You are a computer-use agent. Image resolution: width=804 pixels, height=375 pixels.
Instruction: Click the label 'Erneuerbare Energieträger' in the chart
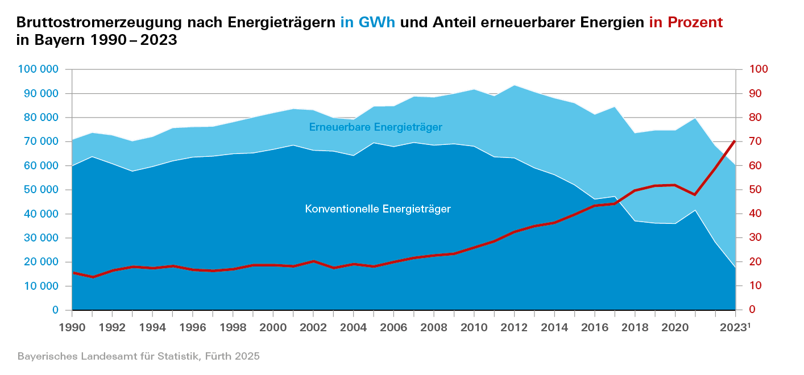[x=375, y=127]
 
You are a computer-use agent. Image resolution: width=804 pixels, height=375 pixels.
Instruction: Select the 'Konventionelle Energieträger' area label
[x=378, y=209]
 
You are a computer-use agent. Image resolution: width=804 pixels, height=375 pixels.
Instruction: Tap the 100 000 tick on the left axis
[x=39, y=69]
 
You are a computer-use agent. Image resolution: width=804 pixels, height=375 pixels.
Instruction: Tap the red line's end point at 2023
[x=735, y=140]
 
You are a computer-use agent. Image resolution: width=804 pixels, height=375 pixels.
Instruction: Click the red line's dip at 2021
[x=694, y=195]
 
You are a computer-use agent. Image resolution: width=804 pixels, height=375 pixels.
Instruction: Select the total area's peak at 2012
[x=514, y=85]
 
